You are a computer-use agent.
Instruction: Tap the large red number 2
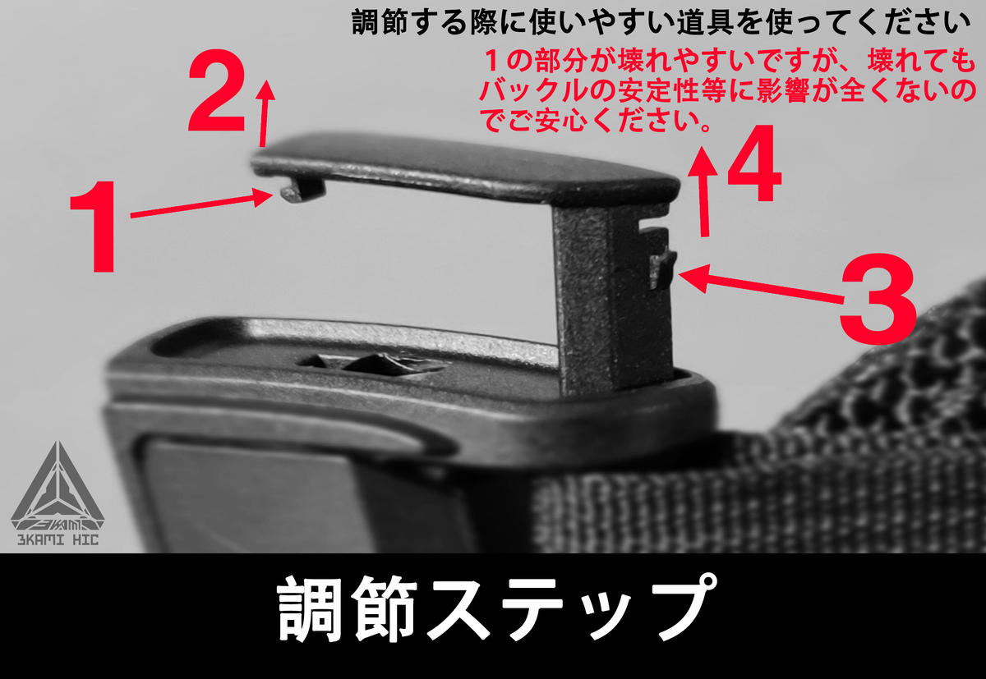pyautogui.click(x=217, y=91)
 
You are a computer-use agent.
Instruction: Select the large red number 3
pyautogui.click(x=878, y=299)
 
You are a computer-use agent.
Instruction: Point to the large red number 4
pyautogui.click(x=754, y=163)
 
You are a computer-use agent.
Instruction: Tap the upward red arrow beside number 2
pyautogui.click(x=265, y=113)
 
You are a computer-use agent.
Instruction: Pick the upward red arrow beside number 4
pyautogui.click(x=703, y=192)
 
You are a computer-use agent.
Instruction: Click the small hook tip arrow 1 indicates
pyautogui.click(x=291, y=194)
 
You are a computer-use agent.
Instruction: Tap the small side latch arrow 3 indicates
pyautogui.click(x=662, y=270)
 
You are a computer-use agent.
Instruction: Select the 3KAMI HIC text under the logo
pyautogui.click(x=58, y=540)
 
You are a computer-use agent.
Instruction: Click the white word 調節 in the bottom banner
pyautogui.click(x=348, y=610)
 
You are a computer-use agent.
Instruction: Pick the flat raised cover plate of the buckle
pyautogui.click(x=464, y=169)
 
